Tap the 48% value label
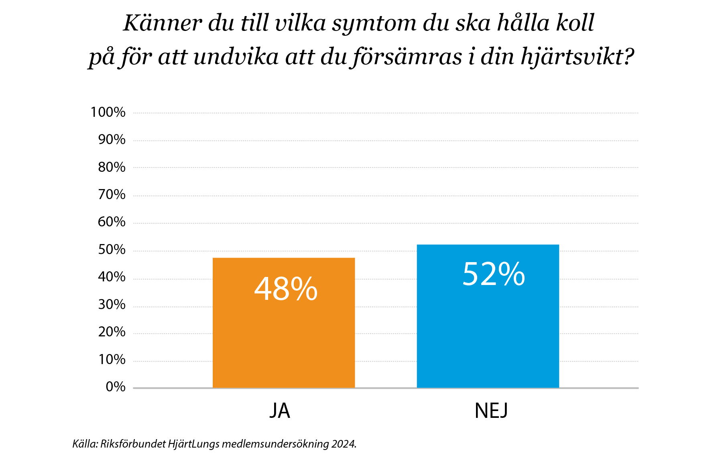[x=286, y=289]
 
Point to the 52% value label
[x=493, y=274]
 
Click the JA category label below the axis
[x=280, y=411]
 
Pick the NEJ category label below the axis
[x=491, y=411]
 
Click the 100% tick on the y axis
[x=108, y=112]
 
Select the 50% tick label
[x=112, y=250]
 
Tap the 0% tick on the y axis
[x=115, y=387]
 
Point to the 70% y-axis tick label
[x=112, y=195]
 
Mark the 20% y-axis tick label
[x=112, y=332]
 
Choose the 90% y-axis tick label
[x=112, y=140]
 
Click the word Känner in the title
[x=162, y=23]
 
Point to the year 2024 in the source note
[x=344, y=444]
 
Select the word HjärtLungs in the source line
[x=193, y=444]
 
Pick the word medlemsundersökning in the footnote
[x=275, y=444]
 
